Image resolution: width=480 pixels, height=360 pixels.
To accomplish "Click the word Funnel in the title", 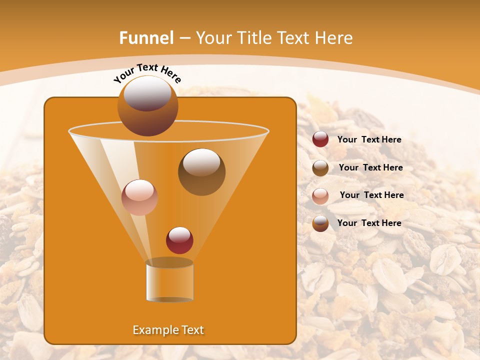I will (146, 38).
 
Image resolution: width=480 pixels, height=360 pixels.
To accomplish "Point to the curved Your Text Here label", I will (147, 73).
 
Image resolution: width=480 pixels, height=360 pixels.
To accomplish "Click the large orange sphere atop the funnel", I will (147, 106).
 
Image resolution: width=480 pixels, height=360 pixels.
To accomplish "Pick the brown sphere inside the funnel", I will (201, 171).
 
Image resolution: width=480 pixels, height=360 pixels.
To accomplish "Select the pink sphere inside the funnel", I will (139, 197).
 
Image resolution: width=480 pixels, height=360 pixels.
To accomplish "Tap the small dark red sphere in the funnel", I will (179, 240).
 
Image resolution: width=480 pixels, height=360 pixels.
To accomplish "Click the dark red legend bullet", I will (320, 139).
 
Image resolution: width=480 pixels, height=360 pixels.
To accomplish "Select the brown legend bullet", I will (320, 168).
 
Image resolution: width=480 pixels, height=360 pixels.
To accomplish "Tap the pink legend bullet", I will (320, 195).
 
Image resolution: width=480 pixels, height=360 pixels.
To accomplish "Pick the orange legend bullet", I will (320, 223).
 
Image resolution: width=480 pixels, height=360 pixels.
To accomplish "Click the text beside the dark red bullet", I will (369, 139).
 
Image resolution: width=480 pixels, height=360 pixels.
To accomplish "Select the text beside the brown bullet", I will (370, 167).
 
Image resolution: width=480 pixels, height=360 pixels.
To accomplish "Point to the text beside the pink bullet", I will (371, 195).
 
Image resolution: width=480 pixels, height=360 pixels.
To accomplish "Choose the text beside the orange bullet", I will (369, 223).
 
